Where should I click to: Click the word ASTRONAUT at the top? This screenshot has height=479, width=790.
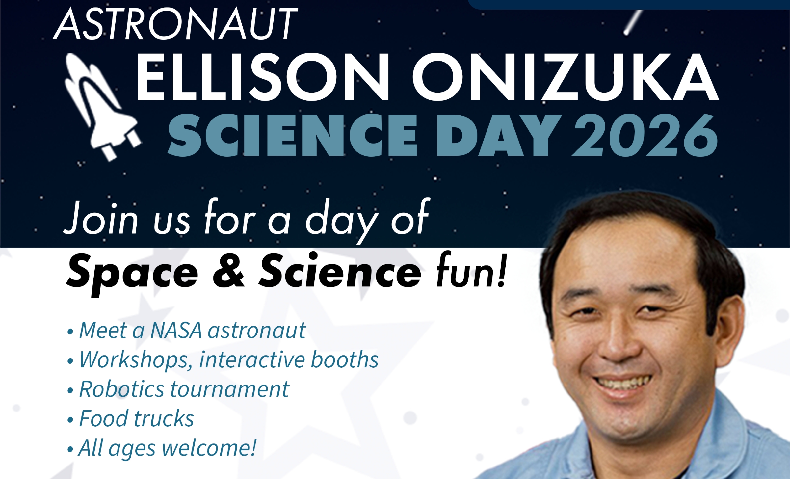(x=175, y=24)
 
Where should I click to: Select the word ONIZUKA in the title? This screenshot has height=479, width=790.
(x=565, y=77)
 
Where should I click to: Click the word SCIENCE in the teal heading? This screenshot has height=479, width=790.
(x=293, y=135)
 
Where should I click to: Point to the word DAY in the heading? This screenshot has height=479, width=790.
(x=499, y=135)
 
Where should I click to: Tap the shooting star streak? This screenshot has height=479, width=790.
(x=633, y=22)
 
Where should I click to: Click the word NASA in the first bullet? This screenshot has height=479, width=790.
(x=176, y=330)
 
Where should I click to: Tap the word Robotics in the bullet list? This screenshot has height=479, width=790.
(x=121, y=389)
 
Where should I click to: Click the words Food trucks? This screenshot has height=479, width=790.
(x=137, y=419)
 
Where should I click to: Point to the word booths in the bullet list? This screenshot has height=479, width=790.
(x=345, y=359)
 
